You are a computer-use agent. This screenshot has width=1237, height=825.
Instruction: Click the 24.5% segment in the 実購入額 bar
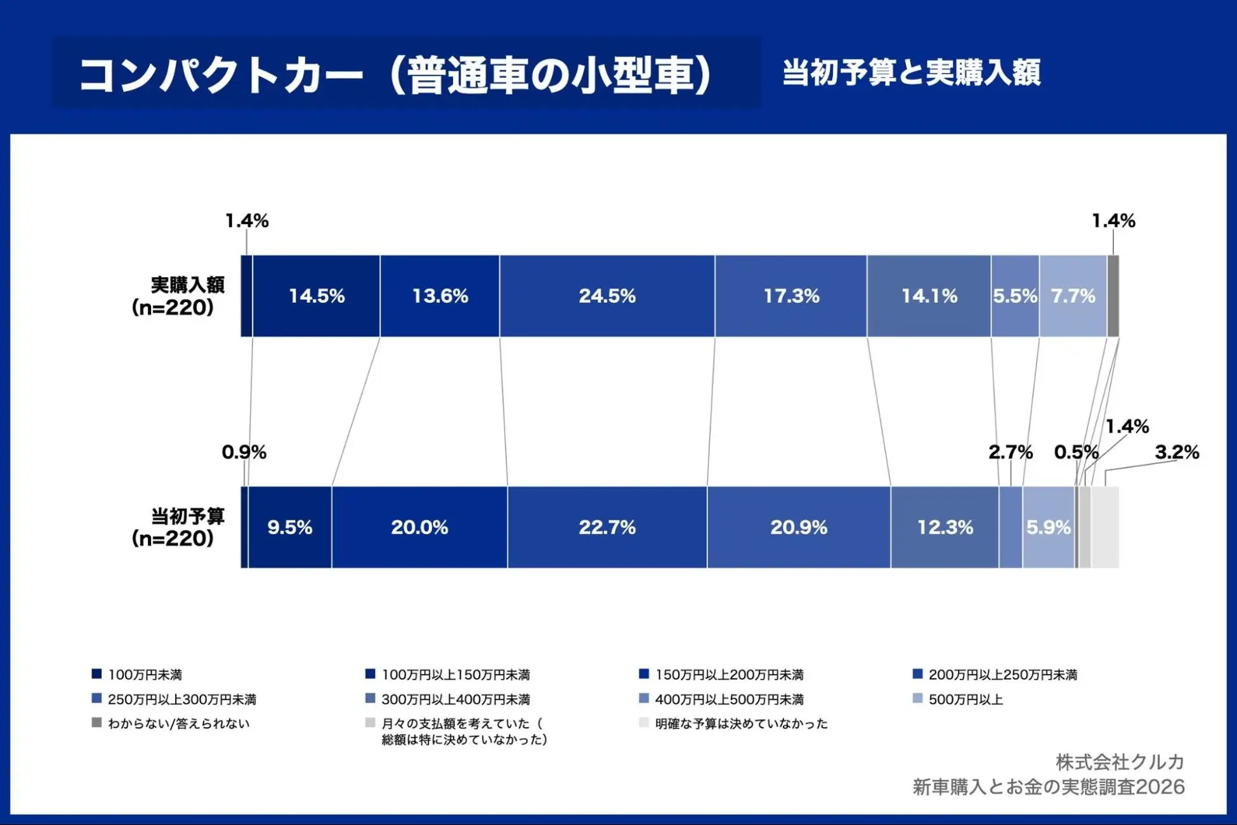coord(607,296)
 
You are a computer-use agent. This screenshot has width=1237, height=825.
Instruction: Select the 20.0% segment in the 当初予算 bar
coord(419,527)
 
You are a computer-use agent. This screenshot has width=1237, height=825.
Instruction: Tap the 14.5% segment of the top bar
coord(317,296)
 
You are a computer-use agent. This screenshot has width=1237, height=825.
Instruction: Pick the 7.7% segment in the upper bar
coord(1073,296)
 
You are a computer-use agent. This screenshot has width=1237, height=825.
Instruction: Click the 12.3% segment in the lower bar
coord(945,527)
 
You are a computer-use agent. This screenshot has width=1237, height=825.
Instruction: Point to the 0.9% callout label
coord(244,452)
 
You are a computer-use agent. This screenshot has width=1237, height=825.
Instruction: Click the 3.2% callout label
coord(1177,452)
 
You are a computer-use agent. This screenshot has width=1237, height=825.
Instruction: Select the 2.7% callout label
coord(1011,452)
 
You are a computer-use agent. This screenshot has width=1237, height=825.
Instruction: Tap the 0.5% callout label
coord(1076,452)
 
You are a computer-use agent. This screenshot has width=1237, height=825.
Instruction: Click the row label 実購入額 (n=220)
coord(178,296)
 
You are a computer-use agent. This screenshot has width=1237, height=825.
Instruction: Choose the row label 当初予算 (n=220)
coord(178,527)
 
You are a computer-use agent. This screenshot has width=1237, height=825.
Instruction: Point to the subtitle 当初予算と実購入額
coord(911,72)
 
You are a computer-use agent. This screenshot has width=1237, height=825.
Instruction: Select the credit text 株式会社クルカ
coord(1120,762)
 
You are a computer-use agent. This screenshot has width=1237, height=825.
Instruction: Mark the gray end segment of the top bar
coord(1113,296)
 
